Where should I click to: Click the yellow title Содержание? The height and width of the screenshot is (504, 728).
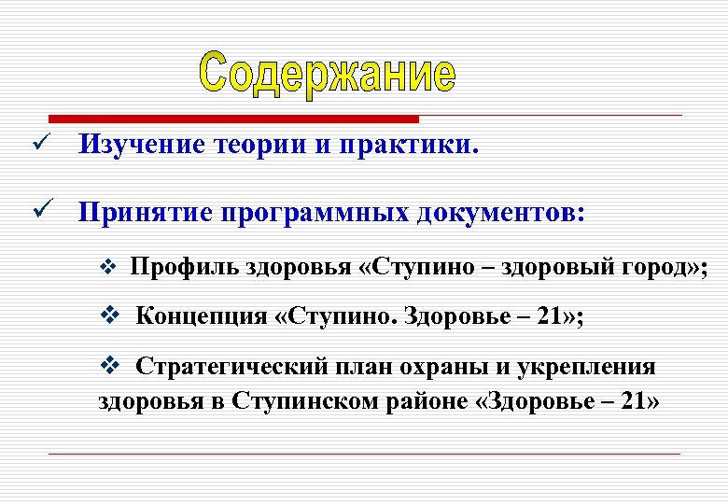point(328,73)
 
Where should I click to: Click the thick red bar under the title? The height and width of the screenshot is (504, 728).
point(233,119)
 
